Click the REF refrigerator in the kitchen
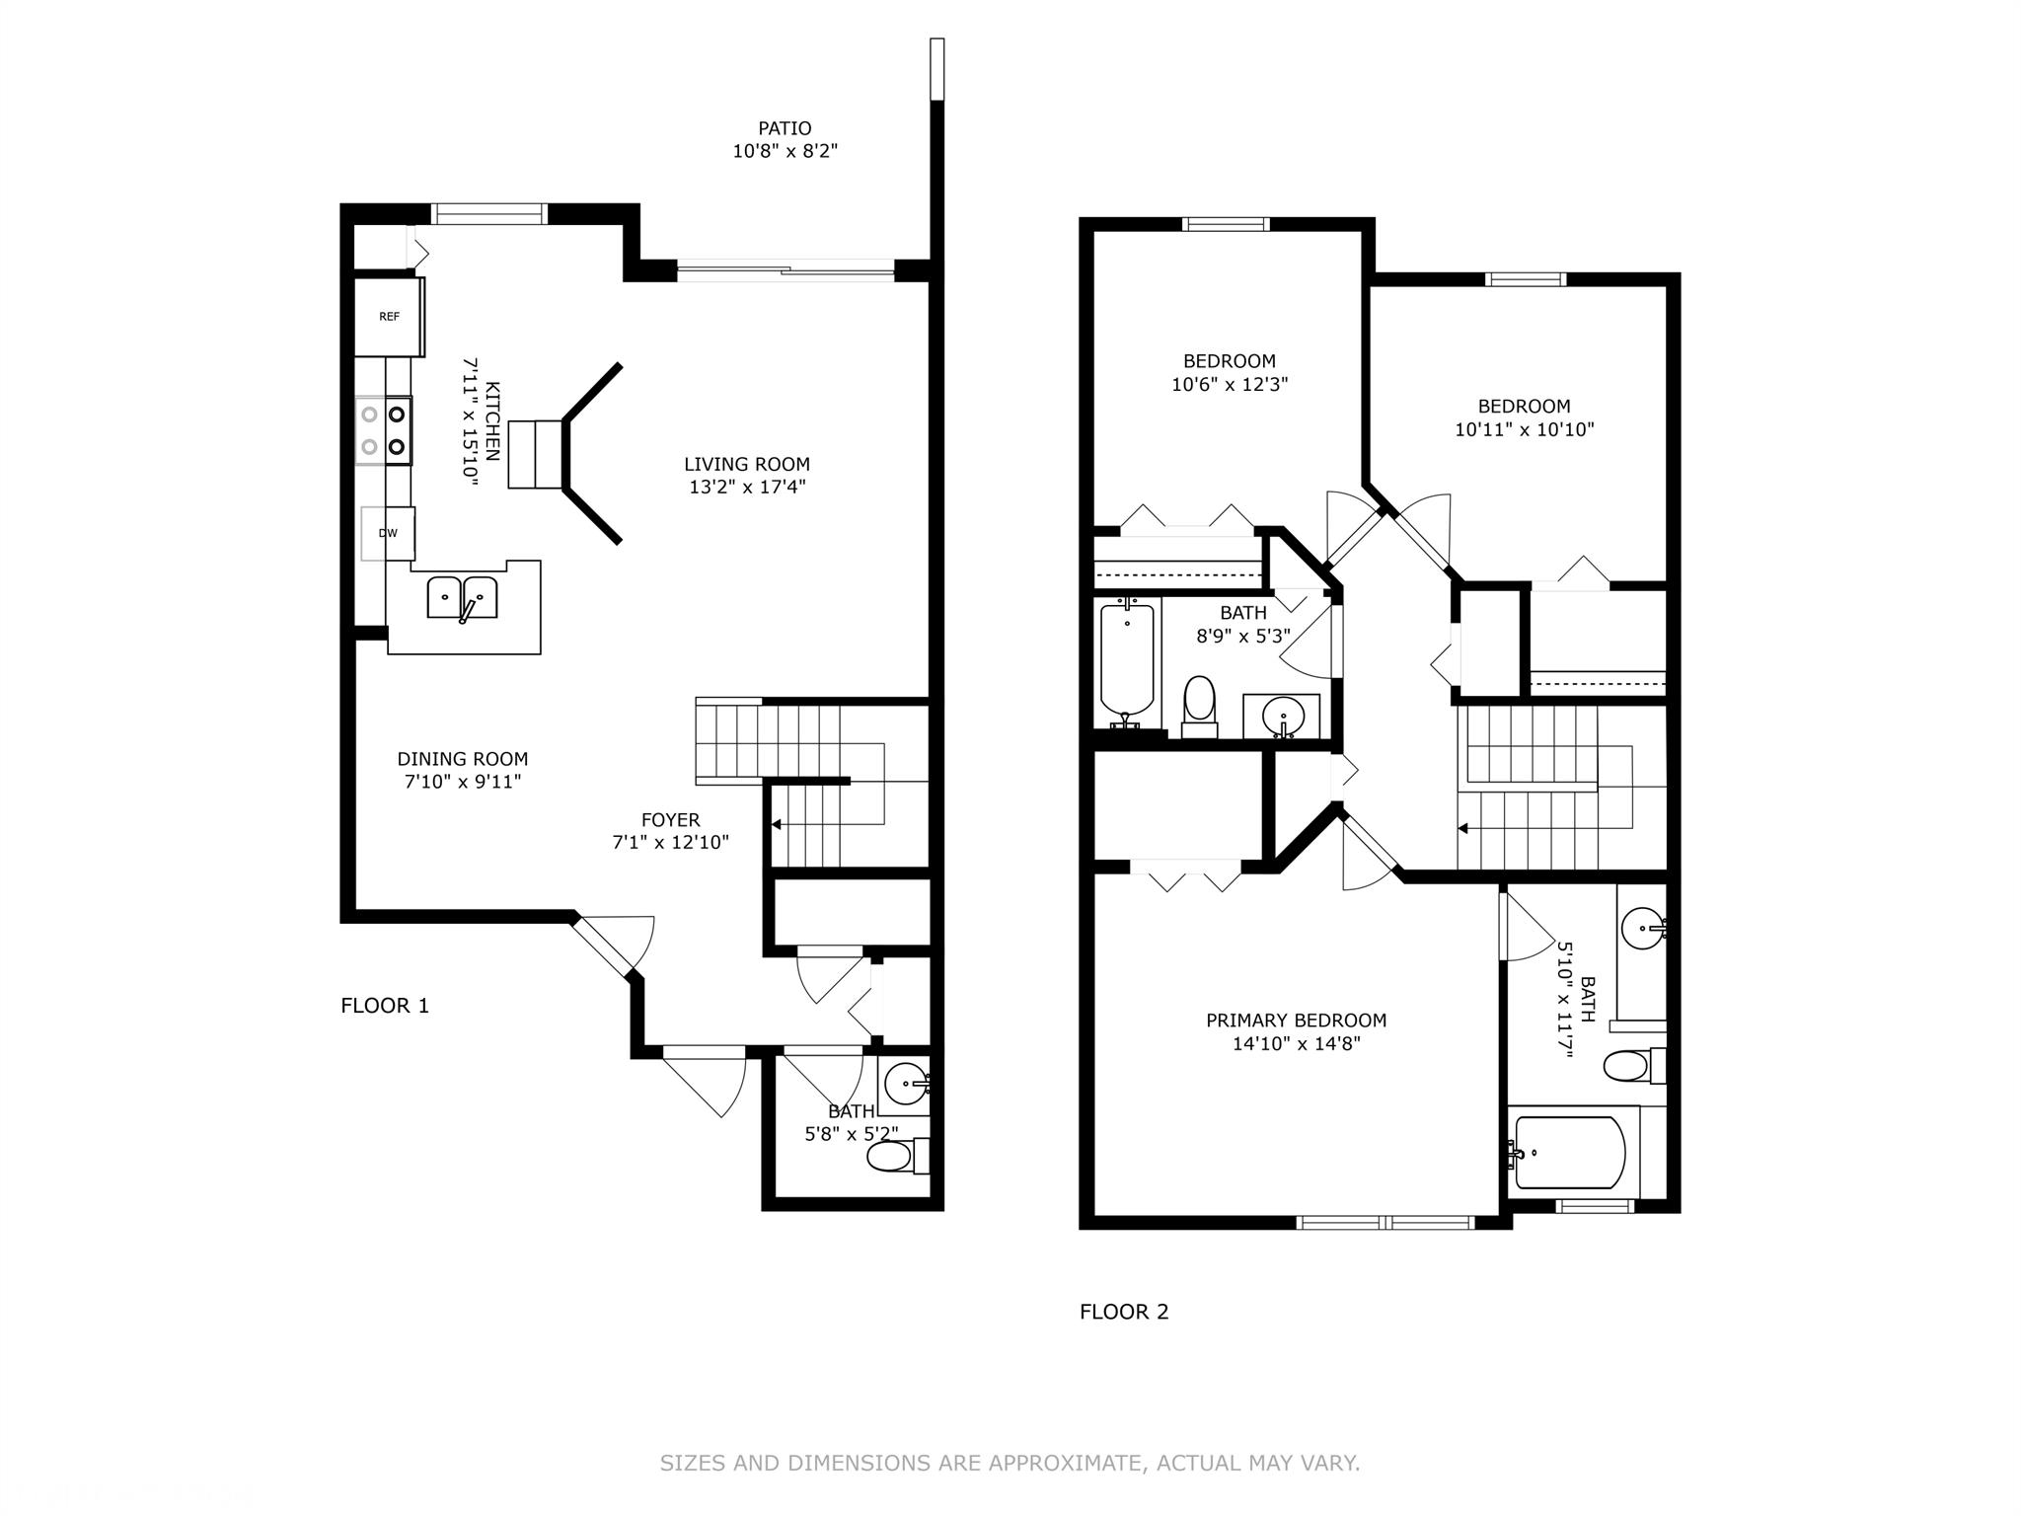click(x=390, y=317)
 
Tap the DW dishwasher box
click(x=388, y=533)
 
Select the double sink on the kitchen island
click(x=462, y=598)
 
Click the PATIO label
click(x=785, y=128)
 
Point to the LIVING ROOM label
click(x=747, y=464)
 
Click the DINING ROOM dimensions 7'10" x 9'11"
click(x=463, y=783)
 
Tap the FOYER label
click(x=671, y=819)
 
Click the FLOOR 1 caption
click(x=385, y=1006)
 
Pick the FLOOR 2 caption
click(x=1124, y=1312)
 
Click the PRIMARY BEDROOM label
click(x=1297, y=1021)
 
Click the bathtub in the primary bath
click(x=1569, y=1153)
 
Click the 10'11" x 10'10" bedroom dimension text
click(x=1525, y=430)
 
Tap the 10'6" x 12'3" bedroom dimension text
click(x=1230, y=385)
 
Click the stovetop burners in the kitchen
click(x=384, y=430)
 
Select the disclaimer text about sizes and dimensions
click(x=1010, y=1463)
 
